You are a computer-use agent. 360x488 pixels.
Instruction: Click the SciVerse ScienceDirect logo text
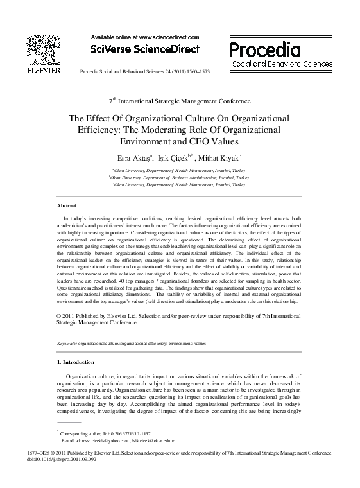(145, 49)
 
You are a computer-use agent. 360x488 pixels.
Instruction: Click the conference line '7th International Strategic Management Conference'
(180, 101)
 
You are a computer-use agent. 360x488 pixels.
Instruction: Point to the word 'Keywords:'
(67, 344)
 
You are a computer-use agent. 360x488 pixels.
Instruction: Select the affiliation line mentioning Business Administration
(180, 176)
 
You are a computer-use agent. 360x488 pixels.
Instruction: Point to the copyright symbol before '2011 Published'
(59, 317)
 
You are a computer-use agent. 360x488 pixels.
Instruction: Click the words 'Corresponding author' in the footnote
(80, 435)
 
